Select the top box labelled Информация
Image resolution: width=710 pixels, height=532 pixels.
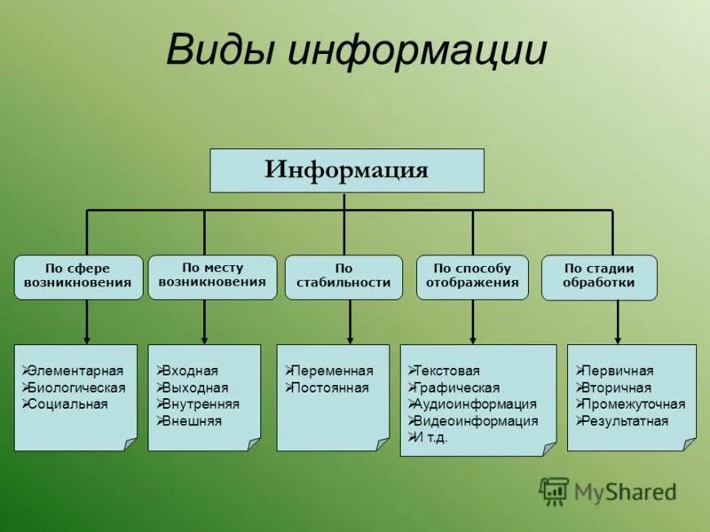pos(346,170)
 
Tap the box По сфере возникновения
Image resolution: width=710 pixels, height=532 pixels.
pos(78,277)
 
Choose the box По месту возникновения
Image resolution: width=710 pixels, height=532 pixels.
pos(212,275)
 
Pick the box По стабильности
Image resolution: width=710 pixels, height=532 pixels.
pos(343,277)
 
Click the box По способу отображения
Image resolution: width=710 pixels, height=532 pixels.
pos(472,277)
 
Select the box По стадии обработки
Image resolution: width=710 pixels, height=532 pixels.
pos(599,277)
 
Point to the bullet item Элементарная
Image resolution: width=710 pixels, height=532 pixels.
pos(75,372)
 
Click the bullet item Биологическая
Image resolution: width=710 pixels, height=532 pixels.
pos(76,387)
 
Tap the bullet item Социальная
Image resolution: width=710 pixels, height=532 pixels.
pos(67,404)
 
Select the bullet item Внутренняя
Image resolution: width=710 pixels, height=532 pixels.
pos(201,404)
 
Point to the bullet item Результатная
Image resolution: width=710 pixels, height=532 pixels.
pos(626,421)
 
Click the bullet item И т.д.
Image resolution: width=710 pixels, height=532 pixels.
pos(432,438)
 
